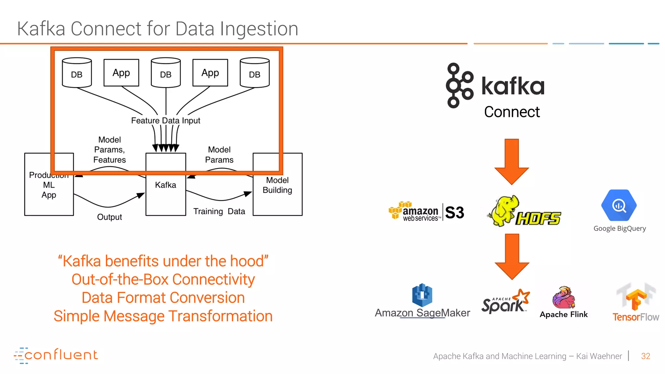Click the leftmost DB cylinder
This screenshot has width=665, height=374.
(x=77, y=73)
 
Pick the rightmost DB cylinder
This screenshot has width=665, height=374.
(x=255, y=73)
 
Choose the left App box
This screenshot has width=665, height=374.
(x=121, y=73)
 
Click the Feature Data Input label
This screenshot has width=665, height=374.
(x=166, y=120)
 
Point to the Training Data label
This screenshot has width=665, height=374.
(x=219, y=211)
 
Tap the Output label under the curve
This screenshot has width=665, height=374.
(x=109, y=217)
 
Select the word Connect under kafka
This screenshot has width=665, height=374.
(x=512, y=112)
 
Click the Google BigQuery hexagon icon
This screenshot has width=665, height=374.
(x=619, y=205)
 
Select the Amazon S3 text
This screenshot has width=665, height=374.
(x=455, y=213)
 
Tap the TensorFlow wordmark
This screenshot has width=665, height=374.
(x=636, y=317)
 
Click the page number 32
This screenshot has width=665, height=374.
(x=646, y=356)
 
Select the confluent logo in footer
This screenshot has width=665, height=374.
(x=56, y=355)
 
